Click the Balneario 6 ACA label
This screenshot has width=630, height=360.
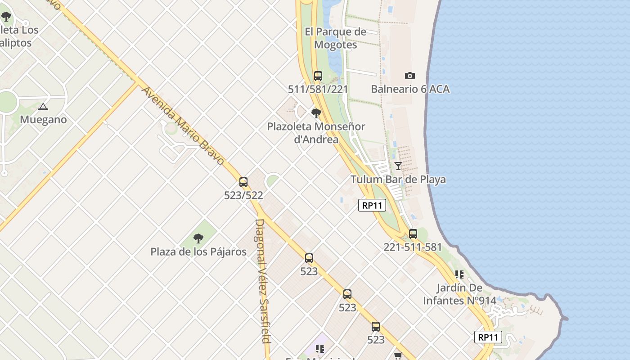click(x=410, y=89)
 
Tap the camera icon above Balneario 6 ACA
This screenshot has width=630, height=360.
click(x=409, y=76)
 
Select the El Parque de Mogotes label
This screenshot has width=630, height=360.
click(x=335, y=38)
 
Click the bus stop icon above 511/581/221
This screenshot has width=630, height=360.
click(x=318, y=76)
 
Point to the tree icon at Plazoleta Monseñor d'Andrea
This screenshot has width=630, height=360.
click(x=316, y=113)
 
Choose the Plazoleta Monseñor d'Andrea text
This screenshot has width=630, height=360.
click(x=316, y=133)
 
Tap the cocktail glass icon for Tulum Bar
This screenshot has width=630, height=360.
click(x=398, y=166)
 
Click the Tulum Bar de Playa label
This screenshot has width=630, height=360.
click(x=398, y=180)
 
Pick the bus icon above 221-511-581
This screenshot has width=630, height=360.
click(x=413, y=234)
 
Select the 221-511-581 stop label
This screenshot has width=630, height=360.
click(x=413, y=247)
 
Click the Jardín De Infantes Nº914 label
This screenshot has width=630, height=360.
click(x=459, y=294)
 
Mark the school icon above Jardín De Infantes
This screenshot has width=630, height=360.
click(x=459, y=274)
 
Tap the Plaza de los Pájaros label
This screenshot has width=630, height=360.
click(x=198, y=252)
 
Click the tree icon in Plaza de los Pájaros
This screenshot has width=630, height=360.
click(x=198, y=238)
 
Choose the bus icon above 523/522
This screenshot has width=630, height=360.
click(x=243, y=182)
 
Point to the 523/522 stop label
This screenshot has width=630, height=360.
click(x=243, y=195)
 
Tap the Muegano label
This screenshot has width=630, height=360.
click(x=43, y=120)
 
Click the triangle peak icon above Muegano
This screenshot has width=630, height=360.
click(x=43, y=107)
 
